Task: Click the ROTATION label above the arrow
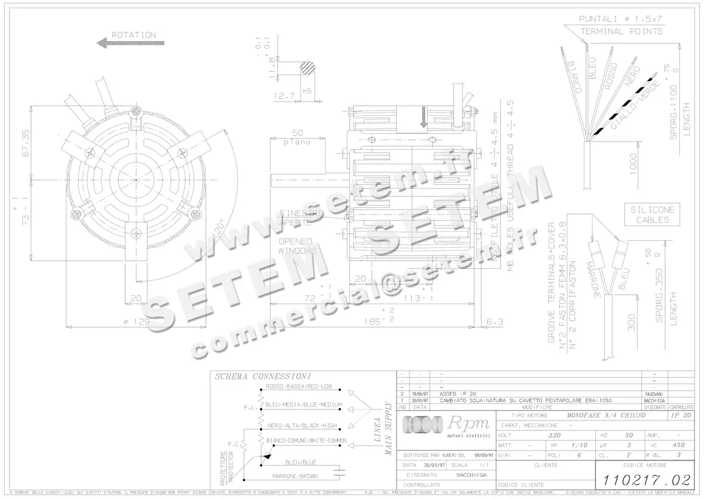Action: [134, 35]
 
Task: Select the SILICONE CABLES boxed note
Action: [652, 215]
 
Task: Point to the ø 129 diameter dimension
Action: [137, 322]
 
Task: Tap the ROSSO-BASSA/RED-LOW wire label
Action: [299, 386]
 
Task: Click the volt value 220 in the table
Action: [554, 436]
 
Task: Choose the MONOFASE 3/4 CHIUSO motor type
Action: [607, 415]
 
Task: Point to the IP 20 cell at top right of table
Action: [681, 415]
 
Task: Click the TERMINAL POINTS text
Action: [621, 31]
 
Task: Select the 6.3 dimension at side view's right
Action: [495, 322]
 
